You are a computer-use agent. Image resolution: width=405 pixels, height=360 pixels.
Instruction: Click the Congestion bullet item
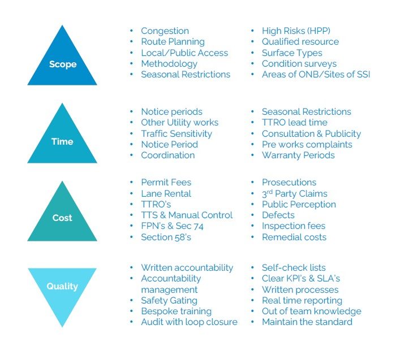coord(165,31)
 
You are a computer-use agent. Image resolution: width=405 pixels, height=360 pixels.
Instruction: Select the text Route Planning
coord(173,42)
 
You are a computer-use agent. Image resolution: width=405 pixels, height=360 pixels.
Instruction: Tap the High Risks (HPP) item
coord(296,31)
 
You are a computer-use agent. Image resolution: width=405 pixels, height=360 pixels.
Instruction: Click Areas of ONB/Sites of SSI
coord(316,75)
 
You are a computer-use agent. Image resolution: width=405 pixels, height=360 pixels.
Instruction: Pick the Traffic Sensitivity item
coord(176,134)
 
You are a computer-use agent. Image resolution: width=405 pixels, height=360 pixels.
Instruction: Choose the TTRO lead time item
coord(295,122)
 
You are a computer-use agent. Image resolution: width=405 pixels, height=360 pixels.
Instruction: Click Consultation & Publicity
coord(312,134)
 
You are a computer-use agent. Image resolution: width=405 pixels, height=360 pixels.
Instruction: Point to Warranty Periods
coord(298,155)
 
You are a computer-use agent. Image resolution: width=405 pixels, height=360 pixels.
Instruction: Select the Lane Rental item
coord(166,193)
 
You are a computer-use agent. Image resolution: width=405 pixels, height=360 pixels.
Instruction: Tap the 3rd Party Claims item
coord(295,193)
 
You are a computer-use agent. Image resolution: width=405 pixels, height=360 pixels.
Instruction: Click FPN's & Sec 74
coord(173,226)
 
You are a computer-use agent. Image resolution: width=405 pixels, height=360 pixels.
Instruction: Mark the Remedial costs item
coord(294,237)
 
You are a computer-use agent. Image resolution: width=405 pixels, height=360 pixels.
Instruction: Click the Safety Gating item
coord(169,301)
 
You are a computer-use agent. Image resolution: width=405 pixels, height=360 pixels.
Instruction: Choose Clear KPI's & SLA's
coord(301,279)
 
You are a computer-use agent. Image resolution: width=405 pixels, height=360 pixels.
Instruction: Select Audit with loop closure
coord(189,322)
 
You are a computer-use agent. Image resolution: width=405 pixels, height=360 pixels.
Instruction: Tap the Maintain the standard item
coord(307,322)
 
